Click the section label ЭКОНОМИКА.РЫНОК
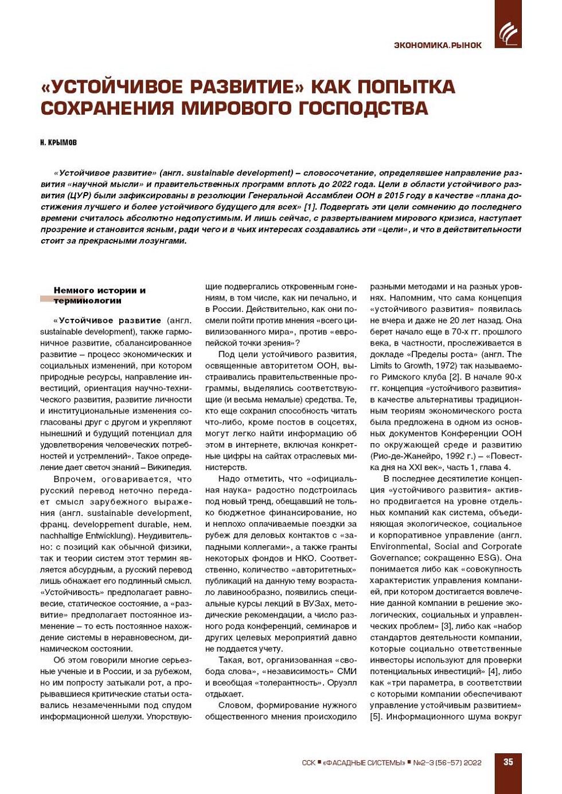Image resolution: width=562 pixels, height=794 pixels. point(438,45)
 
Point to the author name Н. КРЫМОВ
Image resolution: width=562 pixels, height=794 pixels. point(58,142)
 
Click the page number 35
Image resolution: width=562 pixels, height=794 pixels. point(508,762)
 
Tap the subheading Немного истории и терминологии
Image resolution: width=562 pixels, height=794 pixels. point(99,295)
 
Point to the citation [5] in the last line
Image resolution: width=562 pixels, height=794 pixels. point(376,717)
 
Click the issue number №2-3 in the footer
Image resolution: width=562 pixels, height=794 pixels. point(422,762)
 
